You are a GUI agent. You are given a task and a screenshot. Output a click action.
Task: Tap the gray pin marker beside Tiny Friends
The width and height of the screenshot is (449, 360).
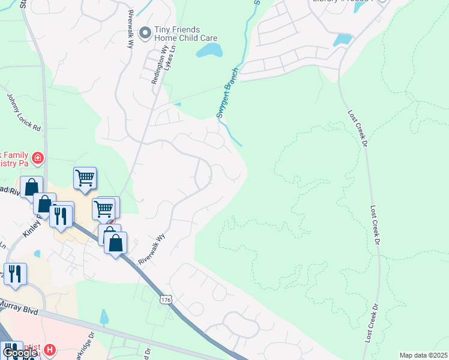144,33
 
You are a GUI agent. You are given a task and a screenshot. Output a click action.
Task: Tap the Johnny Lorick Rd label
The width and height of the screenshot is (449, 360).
23,112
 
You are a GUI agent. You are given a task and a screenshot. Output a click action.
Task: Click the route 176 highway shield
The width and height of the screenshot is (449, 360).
166,298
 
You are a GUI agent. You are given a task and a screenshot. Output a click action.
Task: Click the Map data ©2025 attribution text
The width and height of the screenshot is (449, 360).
423,355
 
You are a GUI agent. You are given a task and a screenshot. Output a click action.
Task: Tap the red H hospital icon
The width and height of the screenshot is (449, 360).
50,349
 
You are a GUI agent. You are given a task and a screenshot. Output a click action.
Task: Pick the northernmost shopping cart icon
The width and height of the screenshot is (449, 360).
85,177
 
